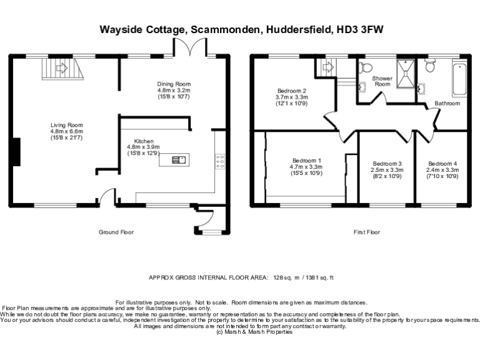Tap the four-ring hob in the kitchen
220,161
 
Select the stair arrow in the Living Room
61,68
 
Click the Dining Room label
174,84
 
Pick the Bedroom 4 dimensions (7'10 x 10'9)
442,176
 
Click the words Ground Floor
116,232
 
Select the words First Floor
367,232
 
